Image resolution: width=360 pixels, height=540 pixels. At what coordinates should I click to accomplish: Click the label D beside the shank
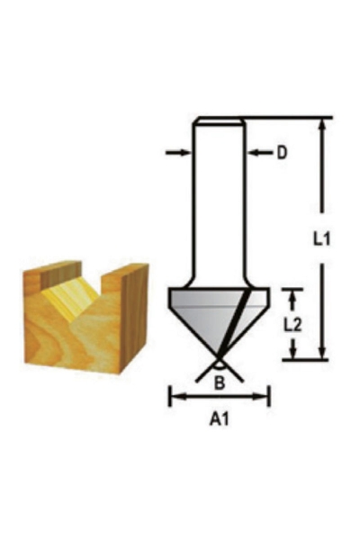click(x=282, y=153)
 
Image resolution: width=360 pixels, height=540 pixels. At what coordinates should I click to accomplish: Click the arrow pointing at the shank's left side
click(x=179, y=153)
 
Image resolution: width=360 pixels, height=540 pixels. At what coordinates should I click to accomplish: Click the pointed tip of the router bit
click(x=220, y=358)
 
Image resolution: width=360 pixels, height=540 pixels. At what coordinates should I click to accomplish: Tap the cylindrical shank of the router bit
click(x=220, y=198)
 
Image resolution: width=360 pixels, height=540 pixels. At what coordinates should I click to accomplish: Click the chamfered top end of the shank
click(x=220, y=121)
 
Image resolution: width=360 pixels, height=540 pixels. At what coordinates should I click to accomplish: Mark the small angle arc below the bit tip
click(x=220, y=367)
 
